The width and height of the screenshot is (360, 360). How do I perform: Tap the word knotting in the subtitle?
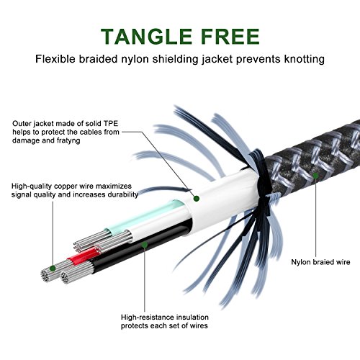(305, 59)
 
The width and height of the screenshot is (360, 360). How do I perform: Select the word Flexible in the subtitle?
(55, 59)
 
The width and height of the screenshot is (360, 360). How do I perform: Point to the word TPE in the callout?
(111, 124)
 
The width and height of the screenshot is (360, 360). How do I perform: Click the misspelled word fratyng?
(68, 140)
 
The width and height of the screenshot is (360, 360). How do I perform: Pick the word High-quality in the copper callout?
(32, 186)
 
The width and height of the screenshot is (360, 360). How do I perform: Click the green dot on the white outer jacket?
(197, 199)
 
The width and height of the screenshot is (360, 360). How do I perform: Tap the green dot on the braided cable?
(316, 176)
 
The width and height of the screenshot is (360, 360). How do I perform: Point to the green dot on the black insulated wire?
(145, 245)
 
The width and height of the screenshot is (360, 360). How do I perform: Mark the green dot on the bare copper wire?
(53, 268)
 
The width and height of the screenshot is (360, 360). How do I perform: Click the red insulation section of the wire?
(82, 257)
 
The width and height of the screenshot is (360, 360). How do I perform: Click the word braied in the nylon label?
(322, 262)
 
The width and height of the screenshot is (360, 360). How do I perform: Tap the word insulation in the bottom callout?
(192, 318)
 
